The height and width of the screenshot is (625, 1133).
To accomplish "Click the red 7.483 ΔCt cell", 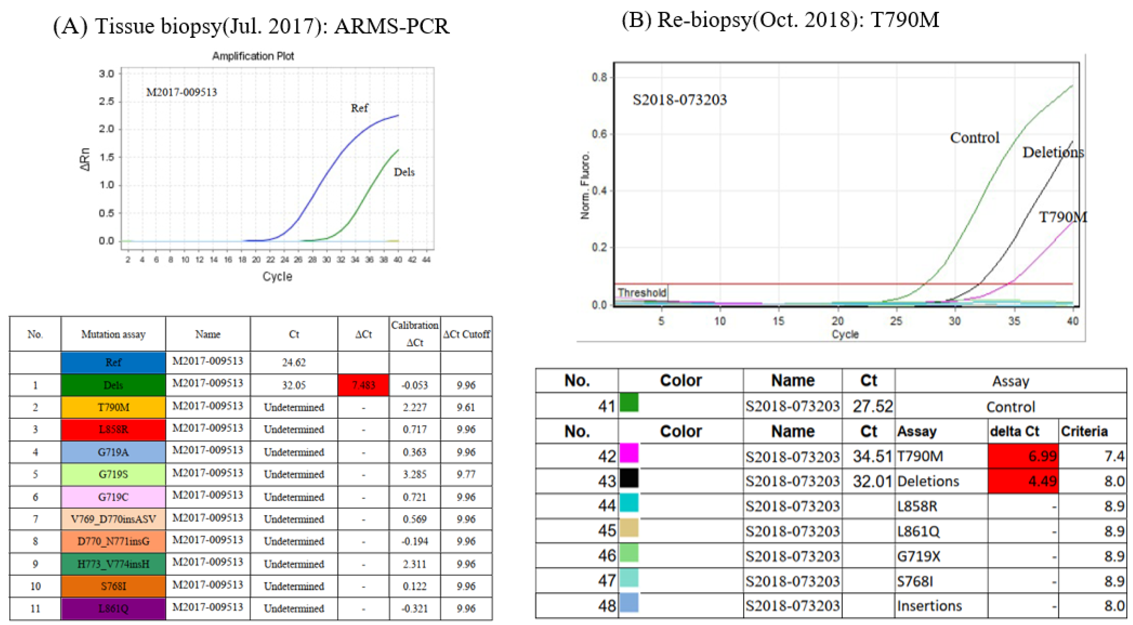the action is (363, 385).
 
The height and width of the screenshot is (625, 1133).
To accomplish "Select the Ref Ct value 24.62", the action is (293, 362).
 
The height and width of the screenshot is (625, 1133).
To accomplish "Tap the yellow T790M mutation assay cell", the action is (113, 407).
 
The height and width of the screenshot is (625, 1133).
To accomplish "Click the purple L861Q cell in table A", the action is (113, 608).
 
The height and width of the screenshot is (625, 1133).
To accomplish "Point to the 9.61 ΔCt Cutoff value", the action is (466, 407).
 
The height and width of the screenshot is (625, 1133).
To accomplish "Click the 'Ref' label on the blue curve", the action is (359, 108).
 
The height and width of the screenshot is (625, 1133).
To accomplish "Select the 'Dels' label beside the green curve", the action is (404, 172).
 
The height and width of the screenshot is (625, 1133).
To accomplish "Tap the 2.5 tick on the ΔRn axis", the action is (106, 102).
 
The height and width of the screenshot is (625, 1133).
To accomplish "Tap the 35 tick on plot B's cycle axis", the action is (1014, 321).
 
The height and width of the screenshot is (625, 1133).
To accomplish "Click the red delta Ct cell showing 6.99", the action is (1023, 456).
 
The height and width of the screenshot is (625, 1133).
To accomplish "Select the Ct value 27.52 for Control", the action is (873, 406).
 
